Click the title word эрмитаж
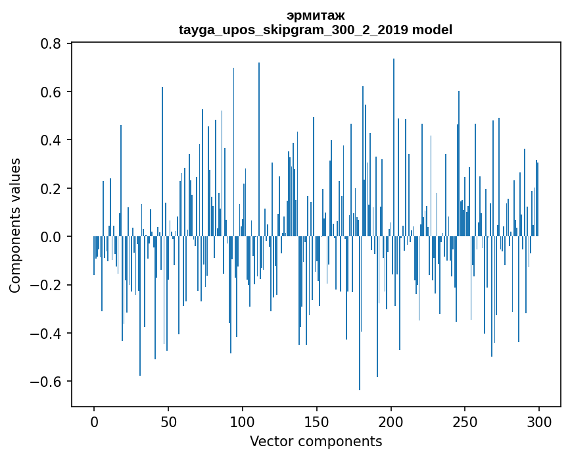point(316,15)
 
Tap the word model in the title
point(432,30)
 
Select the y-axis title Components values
point(15,225)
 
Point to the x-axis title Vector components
point(316,442)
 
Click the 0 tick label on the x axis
point(94,420)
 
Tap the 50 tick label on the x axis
point(168,420)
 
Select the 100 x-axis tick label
point(243,420)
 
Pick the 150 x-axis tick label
point(317,420)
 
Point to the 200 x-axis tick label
point(391,420)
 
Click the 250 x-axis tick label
point(465,420)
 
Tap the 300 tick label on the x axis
point(539,420)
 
